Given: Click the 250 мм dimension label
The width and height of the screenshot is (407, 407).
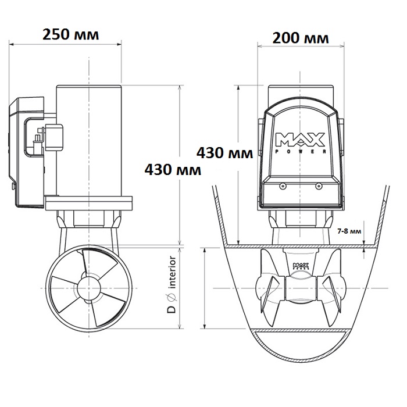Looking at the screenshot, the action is (70, 34).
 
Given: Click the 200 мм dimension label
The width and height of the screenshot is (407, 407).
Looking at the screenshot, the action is (301, 38).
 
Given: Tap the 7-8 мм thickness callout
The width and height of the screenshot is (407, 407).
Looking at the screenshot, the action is (349, 231).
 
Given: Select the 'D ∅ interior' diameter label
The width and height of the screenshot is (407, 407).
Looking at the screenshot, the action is (172, 284).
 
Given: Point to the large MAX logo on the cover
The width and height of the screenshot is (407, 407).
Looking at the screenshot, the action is (300, 140).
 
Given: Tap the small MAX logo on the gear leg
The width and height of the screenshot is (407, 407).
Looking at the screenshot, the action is (301, 266).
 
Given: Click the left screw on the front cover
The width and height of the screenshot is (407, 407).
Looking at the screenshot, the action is (283, 186).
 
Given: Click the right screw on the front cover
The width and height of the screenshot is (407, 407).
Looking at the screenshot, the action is (319, 186).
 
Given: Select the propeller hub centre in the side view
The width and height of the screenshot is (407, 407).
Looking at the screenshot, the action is (89, 288).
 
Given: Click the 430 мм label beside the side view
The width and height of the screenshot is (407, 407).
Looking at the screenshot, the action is (173, 170).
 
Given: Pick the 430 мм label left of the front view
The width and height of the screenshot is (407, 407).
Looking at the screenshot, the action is (225, 152).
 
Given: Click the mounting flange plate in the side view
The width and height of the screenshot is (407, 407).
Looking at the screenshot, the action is (88, 203).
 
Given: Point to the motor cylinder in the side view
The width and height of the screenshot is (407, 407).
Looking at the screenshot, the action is (89, 141).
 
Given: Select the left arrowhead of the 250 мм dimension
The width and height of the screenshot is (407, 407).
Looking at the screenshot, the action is (11, 44).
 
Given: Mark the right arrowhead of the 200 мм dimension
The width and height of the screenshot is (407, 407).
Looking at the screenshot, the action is (342, 47).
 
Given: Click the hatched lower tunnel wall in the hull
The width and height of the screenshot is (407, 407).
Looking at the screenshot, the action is (301, 331).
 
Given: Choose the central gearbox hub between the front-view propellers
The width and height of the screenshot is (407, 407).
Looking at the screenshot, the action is (301, 288).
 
